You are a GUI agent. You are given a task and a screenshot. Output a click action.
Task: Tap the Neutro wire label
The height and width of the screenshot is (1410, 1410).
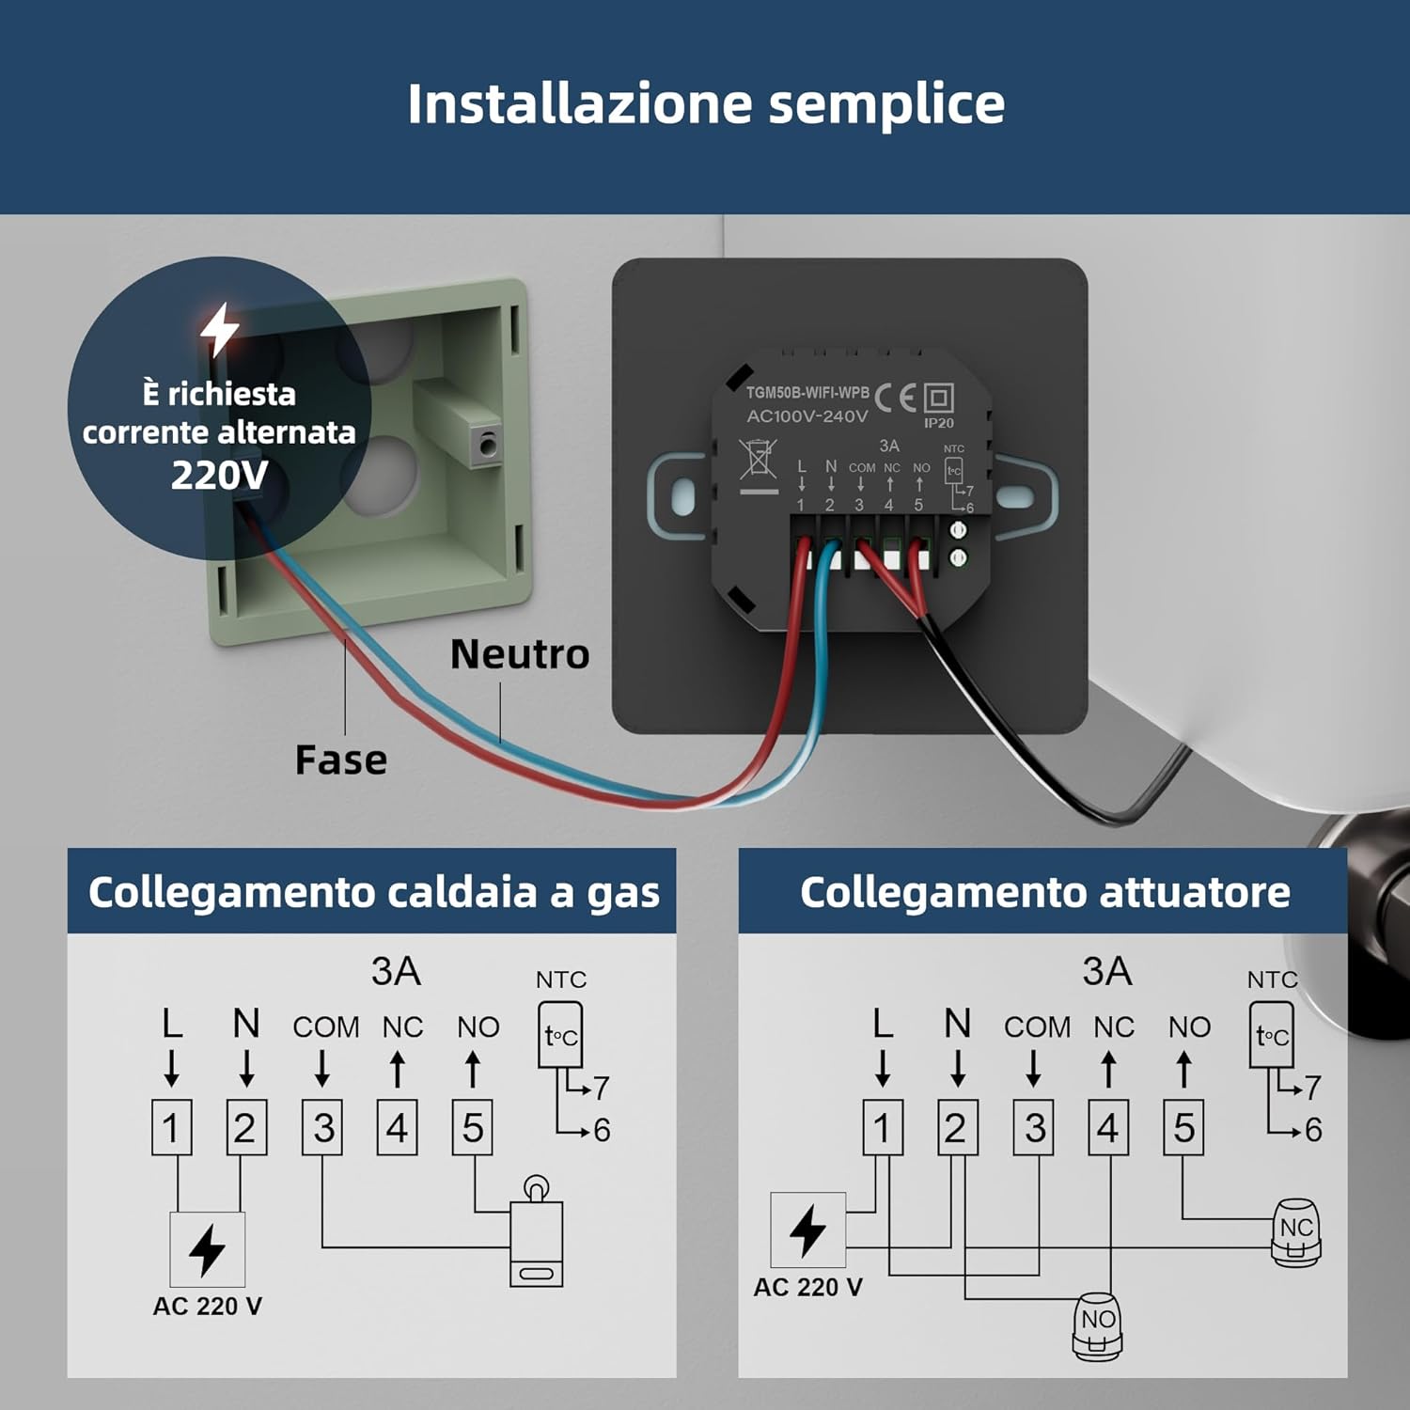tap(520, 654)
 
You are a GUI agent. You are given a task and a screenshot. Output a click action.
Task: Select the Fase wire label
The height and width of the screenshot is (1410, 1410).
tap(340, 760)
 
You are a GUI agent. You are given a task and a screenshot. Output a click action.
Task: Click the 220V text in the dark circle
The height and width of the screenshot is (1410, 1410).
tap(219, 475)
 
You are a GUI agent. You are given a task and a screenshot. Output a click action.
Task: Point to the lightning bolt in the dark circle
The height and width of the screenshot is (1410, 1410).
tap(220, 329)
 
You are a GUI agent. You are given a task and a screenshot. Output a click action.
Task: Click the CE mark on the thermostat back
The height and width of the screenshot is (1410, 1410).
tap(895, 399)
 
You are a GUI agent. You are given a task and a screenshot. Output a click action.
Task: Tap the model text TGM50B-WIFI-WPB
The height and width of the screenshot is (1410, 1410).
tap(807, 393)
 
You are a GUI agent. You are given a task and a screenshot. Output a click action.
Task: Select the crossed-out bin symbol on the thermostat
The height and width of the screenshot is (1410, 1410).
tap(758, 461)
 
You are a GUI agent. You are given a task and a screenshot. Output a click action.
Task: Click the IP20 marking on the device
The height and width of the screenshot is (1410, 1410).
tap(938, 423)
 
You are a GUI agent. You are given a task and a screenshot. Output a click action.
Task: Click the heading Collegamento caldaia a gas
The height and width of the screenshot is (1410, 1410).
tap(373, 892)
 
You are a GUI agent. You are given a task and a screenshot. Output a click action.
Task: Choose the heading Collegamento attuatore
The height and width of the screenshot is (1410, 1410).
tap(1044, 892)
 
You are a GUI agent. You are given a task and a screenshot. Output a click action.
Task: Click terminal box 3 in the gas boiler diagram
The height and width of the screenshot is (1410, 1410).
tap(322, 1127)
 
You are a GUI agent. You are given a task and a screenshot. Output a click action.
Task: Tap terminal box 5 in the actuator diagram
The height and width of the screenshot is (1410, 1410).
tap(1183, 1127)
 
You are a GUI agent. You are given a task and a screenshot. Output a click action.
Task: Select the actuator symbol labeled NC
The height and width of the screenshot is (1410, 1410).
tap(1296, 1232)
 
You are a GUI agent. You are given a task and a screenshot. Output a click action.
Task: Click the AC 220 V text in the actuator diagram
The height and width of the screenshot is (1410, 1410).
tap(807, 1287)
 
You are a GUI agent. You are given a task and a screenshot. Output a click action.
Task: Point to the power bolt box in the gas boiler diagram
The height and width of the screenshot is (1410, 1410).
tap(207, 1249)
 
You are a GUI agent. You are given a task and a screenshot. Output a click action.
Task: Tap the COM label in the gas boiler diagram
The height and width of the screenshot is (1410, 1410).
tap(325, 1027)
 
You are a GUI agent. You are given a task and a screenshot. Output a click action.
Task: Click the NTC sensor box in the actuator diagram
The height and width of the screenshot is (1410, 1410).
tap(1271, 1035)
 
